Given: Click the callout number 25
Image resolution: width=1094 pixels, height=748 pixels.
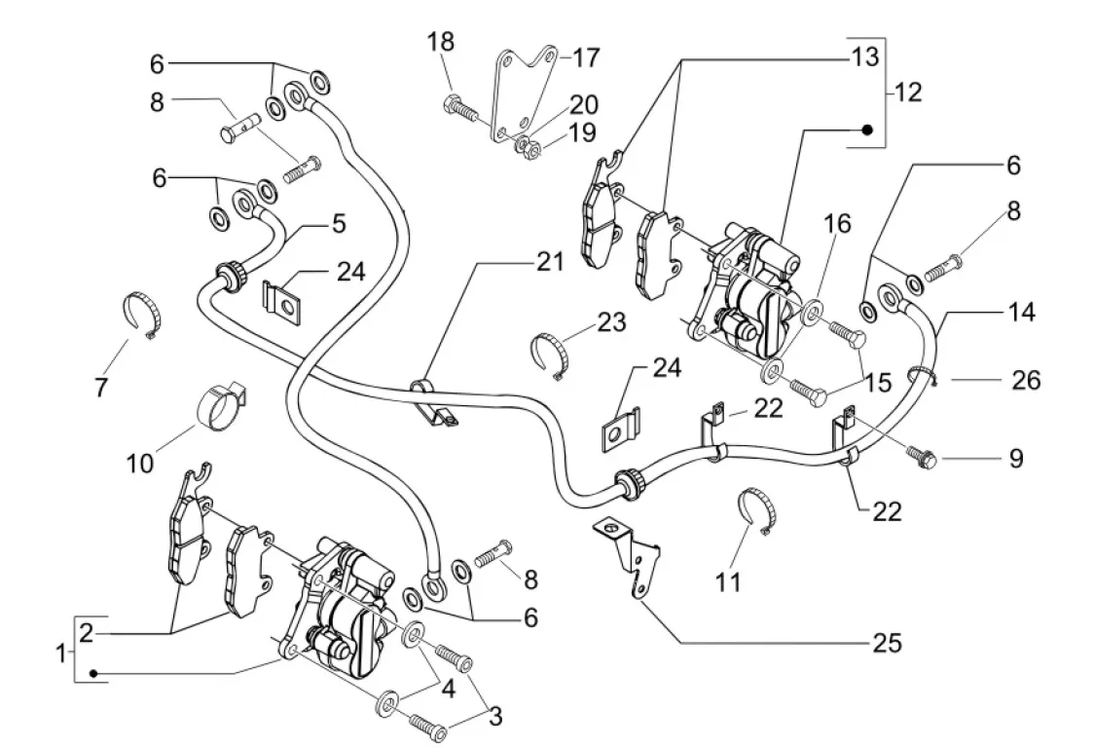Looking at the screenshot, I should point(887,643).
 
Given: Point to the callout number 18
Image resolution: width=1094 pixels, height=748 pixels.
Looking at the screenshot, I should point(441,41).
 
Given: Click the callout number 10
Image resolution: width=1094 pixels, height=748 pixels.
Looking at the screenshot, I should point(140,461).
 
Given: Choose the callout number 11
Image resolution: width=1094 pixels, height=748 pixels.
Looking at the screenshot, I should point(728,582).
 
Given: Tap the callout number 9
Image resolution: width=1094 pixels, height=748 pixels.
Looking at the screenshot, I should point(1015,458).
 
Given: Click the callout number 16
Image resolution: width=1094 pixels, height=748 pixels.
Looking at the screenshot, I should point(837,223).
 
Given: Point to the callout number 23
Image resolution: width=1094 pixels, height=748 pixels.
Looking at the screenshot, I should point(612,321).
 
